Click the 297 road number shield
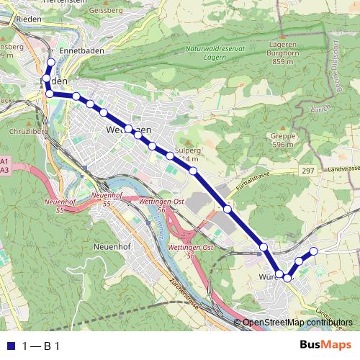tap(309, 169)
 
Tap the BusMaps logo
tap(325, 346)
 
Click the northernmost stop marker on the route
tap(50, 63)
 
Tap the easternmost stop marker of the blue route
tap(313, 251)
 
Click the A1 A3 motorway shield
tap(4, 165)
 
